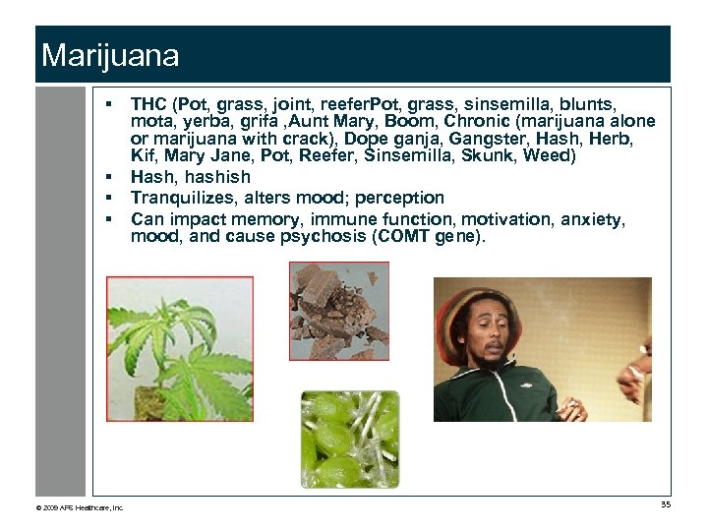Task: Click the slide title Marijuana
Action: point(110,55)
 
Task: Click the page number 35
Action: point(666,505)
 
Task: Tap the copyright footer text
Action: point(80,507)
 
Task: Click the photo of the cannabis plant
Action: point(179,349)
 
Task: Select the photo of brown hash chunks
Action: point(338,311)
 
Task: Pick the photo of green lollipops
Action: point(350,439)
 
